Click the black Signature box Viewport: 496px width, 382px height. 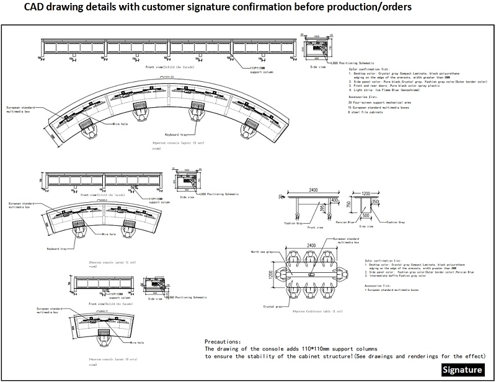[x=463, y=370]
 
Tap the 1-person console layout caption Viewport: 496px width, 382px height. [x=110, y=358]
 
